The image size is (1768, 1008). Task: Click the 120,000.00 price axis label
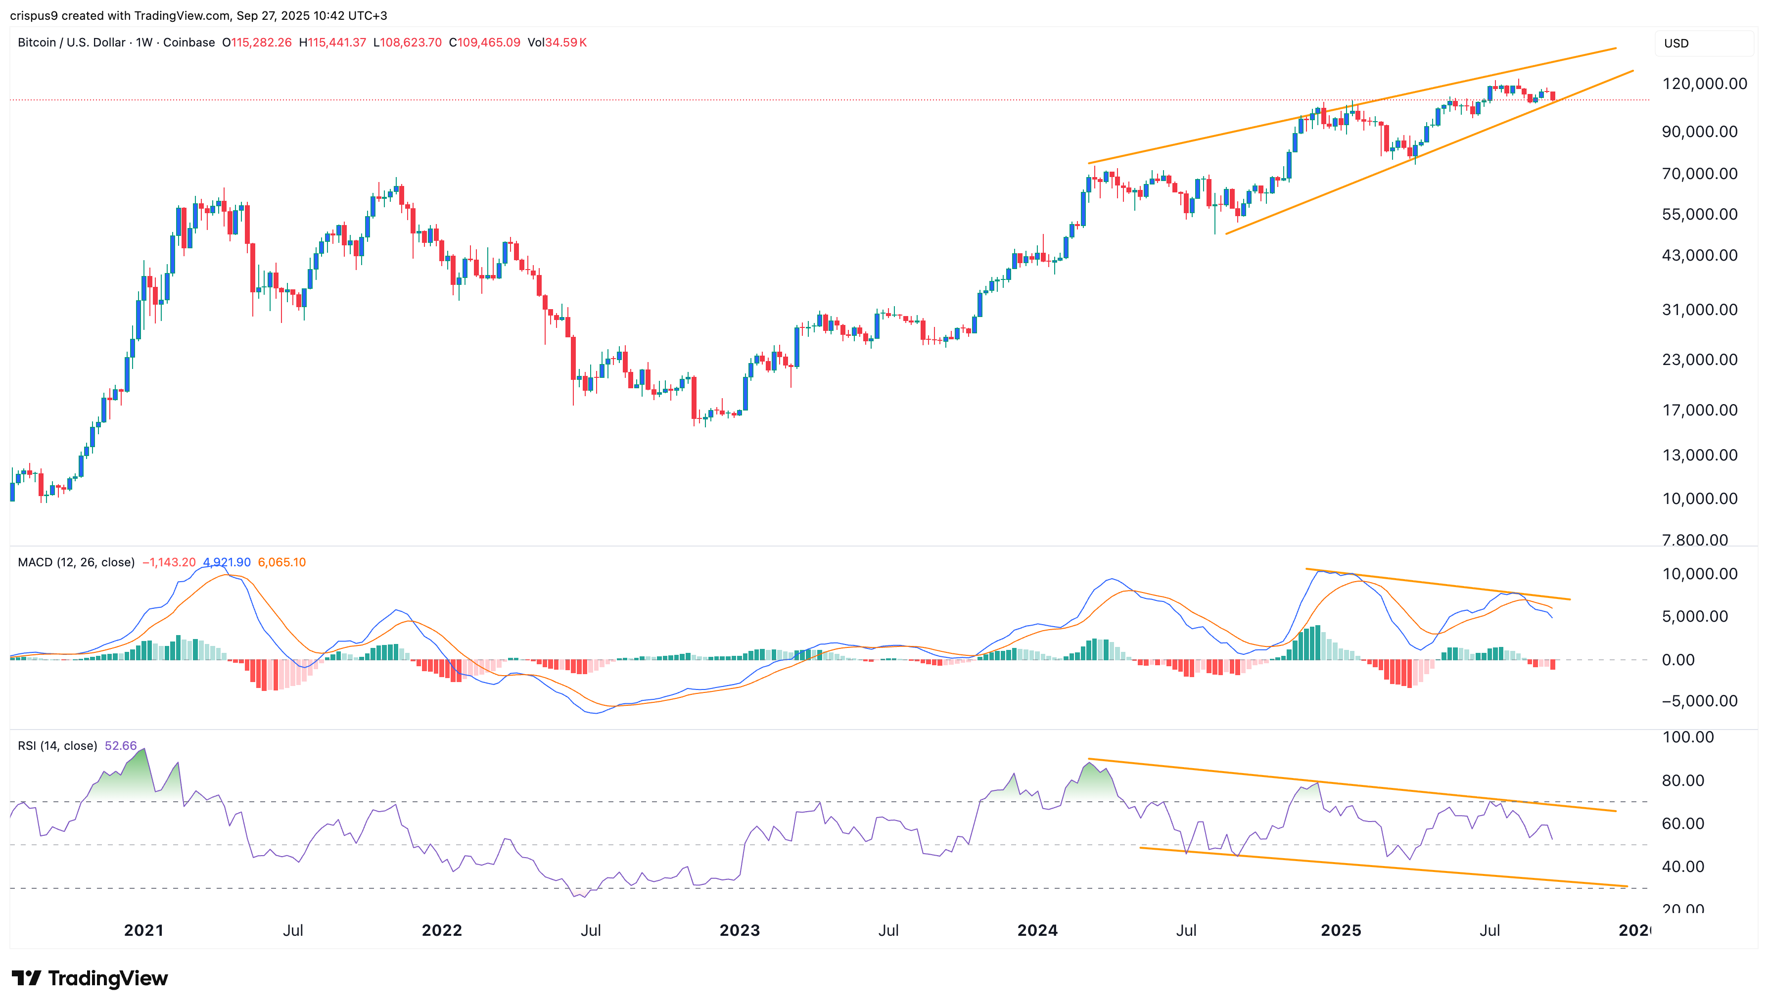[x=1699, y=84]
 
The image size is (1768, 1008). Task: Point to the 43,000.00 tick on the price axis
[x=1699, y=255]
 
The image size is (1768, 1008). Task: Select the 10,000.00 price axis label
[x=1699, y=499]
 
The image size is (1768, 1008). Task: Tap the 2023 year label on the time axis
[x=740, y=930]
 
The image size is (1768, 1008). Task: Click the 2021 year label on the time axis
[x=143, y=930]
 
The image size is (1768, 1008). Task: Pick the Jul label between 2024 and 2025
[x=1186, y=930]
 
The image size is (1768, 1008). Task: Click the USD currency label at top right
[x=1676, y=43]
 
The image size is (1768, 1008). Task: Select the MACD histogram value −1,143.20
[x=169, y=562]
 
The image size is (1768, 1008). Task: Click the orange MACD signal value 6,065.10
[x=282, y=562]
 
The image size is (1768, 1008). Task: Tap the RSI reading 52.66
[x=120, y=746]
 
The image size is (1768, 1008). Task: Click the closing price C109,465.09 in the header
[x=485, y=42]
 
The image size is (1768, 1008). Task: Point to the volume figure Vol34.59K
[x=557, y=42]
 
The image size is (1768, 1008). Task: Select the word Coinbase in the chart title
[x=189, y=42]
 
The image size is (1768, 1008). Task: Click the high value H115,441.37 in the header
[x=332, y=42]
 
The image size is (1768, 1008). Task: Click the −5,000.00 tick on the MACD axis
[x=1699, y=701]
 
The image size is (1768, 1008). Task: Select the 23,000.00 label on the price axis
[x=1699, y=359]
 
